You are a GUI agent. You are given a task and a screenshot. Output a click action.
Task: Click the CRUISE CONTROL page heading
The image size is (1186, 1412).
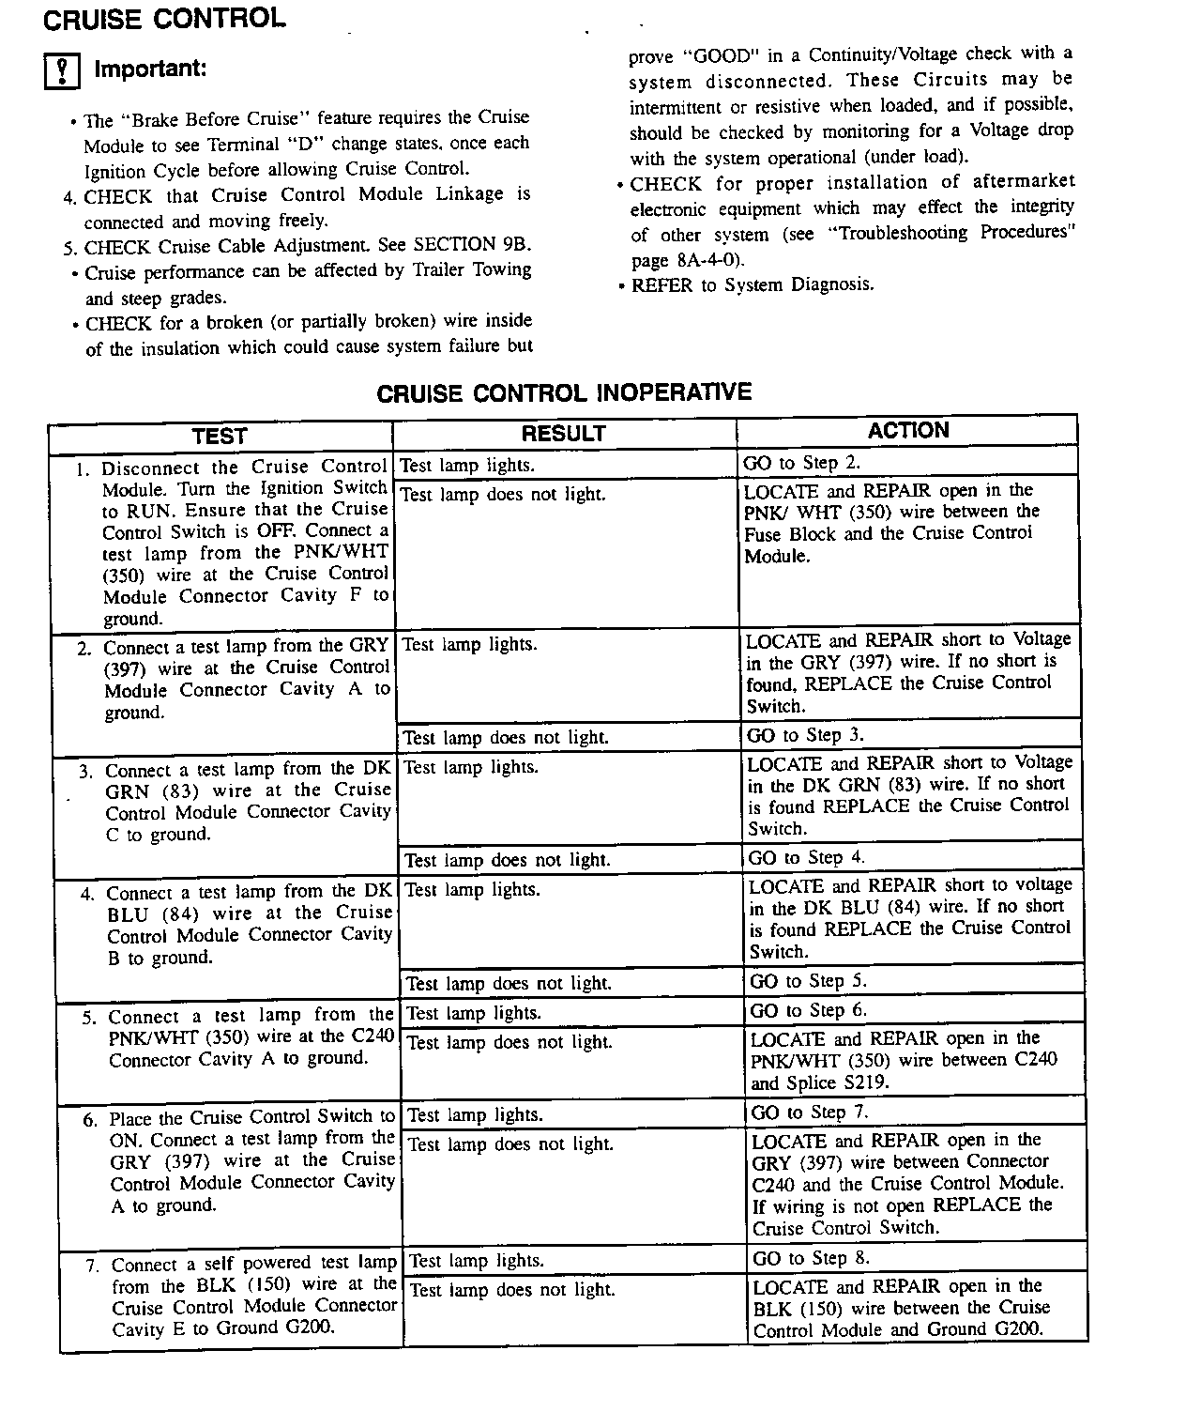coord(165,19)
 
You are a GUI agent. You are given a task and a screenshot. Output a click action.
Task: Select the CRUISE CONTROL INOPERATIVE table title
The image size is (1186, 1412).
coord(564,392)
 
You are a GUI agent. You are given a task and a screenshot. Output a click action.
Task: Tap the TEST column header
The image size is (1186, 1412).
coord(220,436)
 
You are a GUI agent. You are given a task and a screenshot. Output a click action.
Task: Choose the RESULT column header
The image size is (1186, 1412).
coord(563,433)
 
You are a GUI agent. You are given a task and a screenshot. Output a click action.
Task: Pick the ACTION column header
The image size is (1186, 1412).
coord(907,431)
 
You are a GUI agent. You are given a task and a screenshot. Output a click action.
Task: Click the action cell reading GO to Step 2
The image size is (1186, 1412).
coord(801,463)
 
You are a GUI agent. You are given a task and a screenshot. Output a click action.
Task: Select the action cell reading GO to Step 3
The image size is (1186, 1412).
coord(805,735)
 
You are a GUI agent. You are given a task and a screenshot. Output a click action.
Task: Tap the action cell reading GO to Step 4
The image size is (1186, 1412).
coord(806,857)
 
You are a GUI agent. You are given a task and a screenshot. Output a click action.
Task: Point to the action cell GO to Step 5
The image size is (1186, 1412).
coord(808,981)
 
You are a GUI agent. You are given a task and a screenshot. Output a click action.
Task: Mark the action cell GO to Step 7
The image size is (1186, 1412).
coord(810,1113)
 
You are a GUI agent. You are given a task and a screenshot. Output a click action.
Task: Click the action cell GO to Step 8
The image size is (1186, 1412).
coord(811,1258)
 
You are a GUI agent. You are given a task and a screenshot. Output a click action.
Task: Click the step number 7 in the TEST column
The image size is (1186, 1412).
coord(92,1266)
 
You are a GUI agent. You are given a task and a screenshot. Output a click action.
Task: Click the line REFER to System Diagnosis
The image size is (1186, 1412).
coord(752,284)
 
